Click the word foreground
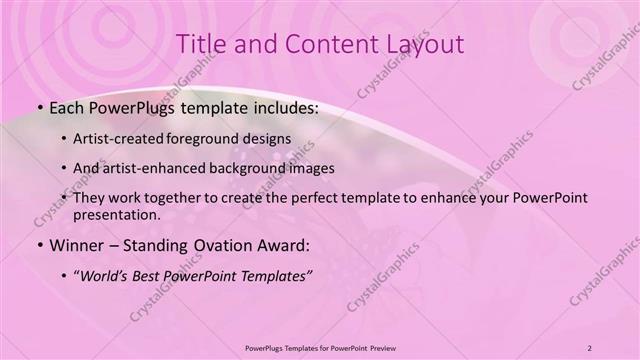212,138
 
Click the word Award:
284,243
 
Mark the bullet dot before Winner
38,244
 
